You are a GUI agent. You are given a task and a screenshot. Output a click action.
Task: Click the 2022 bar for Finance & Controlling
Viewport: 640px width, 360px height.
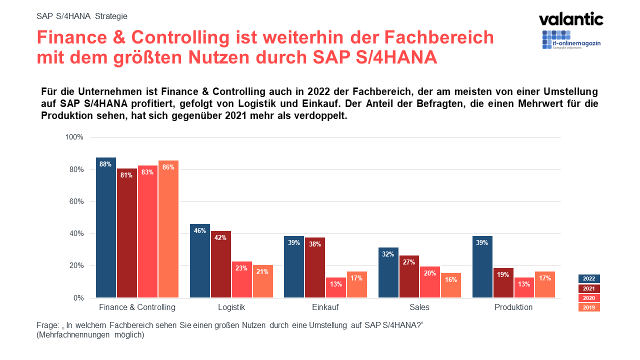tap(106, 228)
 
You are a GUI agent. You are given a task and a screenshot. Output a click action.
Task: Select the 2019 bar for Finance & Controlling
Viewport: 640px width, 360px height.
tap(168, 229)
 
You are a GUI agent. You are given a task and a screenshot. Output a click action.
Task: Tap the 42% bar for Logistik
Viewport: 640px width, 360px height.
tap(220, 264)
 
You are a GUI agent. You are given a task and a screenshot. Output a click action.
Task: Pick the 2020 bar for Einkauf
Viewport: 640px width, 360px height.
tap(336, 287)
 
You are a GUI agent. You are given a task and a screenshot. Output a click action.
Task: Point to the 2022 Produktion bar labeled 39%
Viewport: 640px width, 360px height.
tap(482, 267)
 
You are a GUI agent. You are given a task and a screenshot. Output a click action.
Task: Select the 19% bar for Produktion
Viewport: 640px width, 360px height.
tap(503, 283)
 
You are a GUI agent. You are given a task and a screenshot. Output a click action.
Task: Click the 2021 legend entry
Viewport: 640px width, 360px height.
tap(589, 288)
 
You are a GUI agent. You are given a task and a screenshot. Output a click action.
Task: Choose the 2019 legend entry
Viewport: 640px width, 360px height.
tap(589, 307)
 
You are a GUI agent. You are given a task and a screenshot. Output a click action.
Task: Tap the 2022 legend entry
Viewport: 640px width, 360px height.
tap(589, 279)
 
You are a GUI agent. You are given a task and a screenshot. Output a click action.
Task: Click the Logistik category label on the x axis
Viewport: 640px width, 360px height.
tap(231, 307)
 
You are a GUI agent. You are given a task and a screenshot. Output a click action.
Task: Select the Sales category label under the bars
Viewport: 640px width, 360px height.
tap(419, 307)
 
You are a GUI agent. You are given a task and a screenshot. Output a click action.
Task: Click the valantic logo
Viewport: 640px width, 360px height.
tap(571, 19)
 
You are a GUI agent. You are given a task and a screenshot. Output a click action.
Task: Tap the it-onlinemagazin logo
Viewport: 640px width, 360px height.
tap(571, 40)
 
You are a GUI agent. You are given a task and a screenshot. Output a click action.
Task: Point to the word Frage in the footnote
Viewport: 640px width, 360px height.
tap(47, 325)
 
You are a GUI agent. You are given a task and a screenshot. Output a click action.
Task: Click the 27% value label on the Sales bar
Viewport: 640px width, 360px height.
tap(409, 262)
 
